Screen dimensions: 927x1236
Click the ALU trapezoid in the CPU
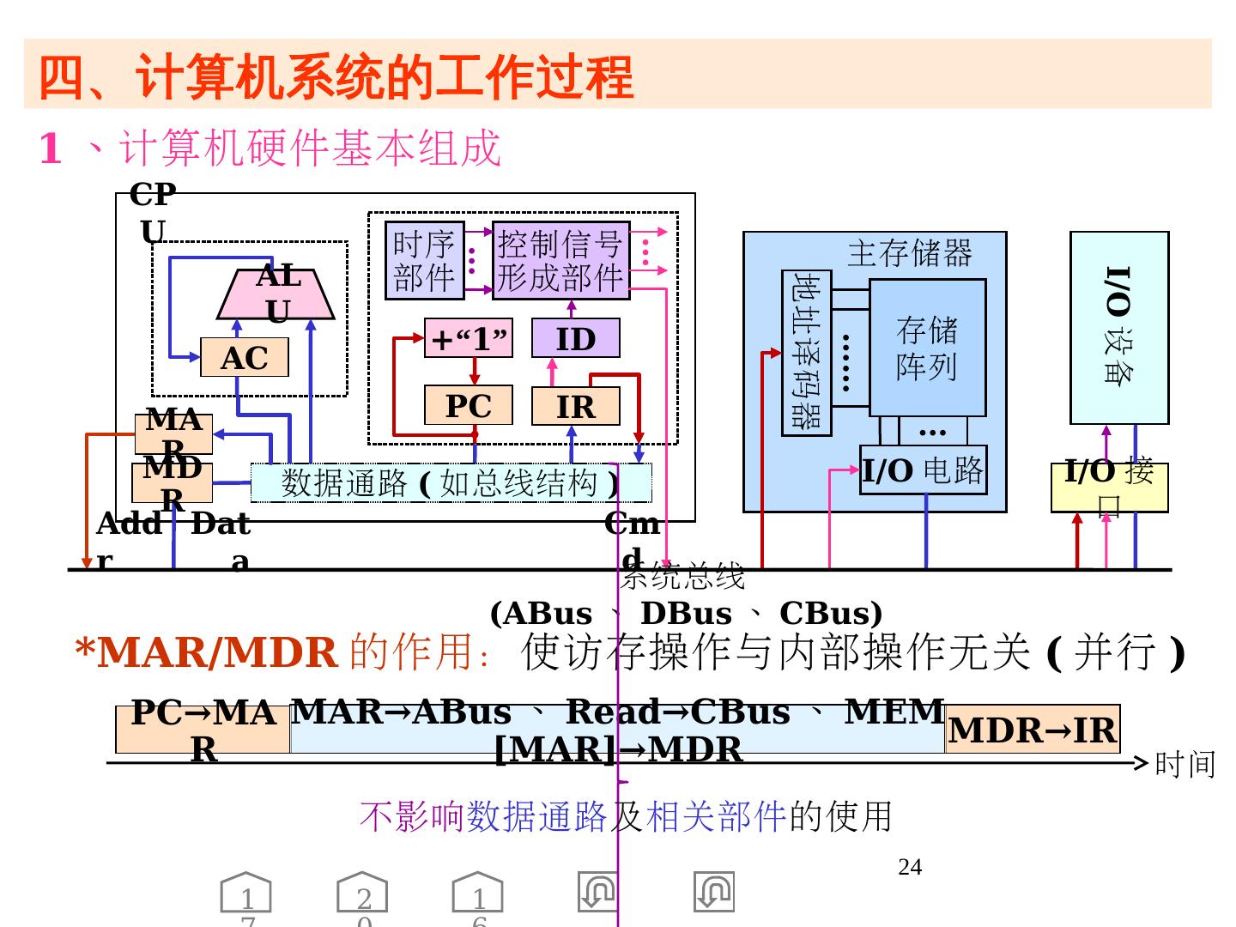coord(276,294)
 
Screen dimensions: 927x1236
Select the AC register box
coord(245,358)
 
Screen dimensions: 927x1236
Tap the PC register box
coord(469,405)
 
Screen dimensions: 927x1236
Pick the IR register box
coord(575,406)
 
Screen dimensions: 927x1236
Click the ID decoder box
coord(575,339)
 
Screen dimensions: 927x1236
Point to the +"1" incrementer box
coord(469,338)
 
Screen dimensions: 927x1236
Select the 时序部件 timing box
coord(424,261)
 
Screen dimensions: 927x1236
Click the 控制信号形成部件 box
coord(560,261)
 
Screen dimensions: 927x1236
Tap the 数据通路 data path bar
coord(451,482)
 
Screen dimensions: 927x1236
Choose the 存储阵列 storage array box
coord(927,348)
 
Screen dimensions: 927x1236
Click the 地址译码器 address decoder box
coord(807,352)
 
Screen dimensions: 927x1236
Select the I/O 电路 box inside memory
coord(924,470)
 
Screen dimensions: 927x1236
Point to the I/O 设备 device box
coord(1118,327)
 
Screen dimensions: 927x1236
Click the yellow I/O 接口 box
coord(1109,487)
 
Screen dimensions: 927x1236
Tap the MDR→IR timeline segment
coord(1033,730)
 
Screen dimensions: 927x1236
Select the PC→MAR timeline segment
coord(203,730)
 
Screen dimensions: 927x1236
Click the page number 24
coord(910,868)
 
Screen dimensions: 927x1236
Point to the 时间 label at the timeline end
coord(1185,763)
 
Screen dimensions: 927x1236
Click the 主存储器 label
coord(910,253)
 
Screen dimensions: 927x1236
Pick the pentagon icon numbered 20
coord(362,894)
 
